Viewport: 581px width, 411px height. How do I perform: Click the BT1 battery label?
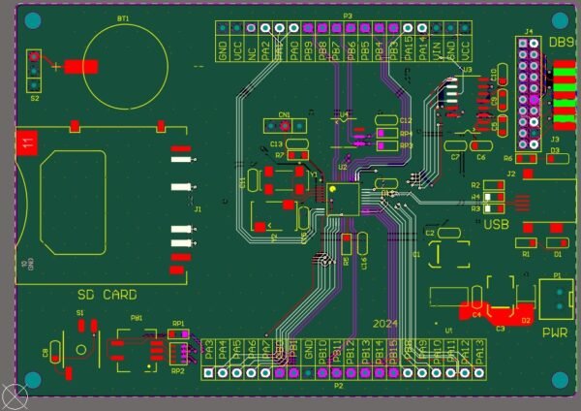[123, 18]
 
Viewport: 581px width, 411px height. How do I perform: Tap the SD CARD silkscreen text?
[107, 295]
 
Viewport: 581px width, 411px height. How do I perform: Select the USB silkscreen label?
[497, 225]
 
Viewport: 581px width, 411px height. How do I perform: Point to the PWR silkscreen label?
[555, 332]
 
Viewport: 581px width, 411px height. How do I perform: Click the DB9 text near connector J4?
[561, 43]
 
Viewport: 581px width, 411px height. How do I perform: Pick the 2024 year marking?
[385, 323]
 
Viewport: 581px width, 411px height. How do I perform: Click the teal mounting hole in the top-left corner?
[33, 20]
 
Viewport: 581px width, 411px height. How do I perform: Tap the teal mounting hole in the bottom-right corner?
[560, 379]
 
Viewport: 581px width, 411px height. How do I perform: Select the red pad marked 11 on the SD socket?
[28, 143]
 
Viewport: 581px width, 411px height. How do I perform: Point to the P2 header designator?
[338, 386]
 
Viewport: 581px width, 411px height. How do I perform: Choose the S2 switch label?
[35, 98]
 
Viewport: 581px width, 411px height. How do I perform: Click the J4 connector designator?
[529, 32]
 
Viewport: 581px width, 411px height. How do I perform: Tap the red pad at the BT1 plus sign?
[82, 67]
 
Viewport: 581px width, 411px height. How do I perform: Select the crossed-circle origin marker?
[15, 395]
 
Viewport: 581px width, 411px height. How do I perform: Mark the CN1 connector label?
[285, 114]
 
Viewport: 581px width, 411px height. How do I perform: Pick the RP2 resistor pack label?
[177, 370]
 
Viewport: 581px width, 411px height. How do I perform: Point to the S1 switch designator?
[80, 313]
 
